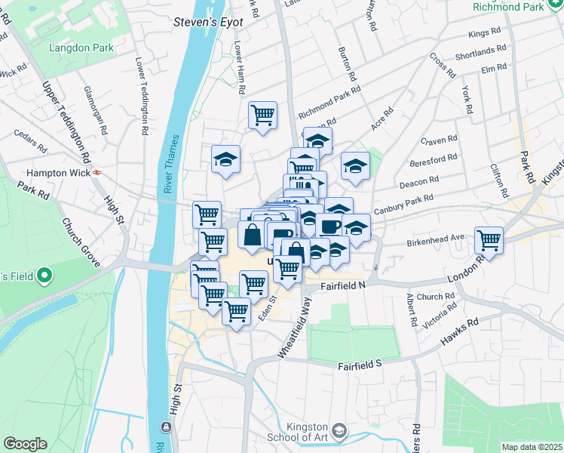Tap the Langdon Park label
click(x=81, y=48)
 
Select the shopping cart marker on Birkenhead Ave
click(x=489, y=240)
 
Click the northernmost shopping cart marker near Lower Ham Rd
click(x=262, y=116)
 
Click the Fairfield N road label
click(x=342, y=286)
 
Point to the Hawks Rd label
click(x=461, y=330)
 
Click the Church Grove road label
click(x=81, y=243)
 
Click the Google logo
click(x=26, y=444)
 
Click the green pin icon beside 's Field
click(x=44, y=276)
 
